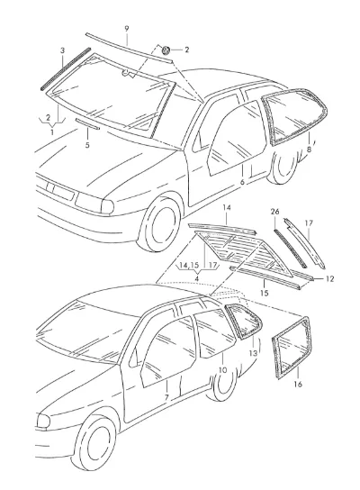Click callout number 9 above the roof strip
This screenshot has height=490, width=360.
(127, 29)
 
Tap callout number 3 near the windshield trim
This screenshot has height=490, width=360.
(62, 50)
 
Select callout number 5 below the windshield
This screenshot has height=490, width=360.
(87, 145)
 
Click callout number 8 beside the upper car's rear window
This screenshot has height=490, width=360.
(309, 150)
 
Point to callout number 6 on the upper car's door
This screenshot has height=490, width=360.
(242, 182)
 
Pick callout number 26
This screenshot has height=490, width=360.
(274, 212)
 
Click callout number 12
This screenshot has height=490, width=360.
(329, 278)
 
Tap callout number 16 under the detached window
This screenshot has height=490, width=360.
(298, 384)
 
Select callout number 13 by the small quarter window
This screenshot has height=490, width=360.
(253, 353)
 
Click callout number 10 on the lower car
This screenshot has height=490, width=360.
(222, 370)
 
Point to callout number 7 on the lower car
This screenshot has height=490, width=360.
(166, 397)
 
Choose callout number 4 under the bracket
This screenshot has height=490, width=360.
(197, 278)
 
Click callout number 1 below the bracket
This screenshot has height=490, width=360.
(52, 132)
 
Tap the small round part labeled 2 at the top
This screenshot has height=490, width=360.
(166, 50)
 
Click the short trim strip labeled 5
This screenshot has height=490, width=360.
(87, 123)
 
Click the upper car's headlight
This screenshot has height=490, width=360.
(94, 204)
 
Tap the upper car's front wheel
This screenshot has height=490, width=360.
(161, 224)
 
